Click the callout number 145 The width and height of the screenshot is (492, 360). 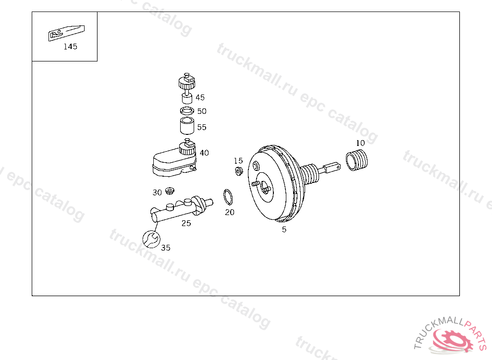70,47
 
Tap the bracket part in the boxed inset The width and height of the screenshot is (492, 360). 66,33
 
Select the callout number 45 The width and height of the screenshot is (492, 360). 200,97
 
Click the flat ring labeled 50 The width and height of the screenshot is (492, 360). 187,111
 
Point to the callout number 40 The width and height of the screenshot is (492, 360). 204,153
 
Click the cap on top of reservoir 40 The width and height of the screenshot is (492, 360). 187,147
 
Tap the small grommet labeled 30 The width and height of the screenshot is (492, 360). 170,191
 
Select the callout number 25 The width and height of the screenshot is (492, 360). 186,223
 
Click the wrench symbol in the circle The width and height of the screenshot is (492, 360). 151,239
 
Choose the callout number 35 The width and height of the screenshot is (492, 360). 166,248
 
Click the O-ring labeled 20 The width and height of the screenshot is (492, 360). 228,197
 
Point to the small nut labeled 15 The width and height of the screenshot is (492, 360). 239,171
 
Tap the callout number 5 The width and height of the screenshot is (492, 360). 284,229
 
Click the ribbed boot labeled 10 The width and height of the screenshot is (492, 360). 357,160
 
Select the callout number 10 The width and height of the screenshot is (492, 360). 360,143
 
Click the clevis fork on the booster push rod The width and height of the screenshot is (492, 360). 332,168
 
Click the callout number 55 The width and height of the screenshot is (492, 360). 202,127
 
